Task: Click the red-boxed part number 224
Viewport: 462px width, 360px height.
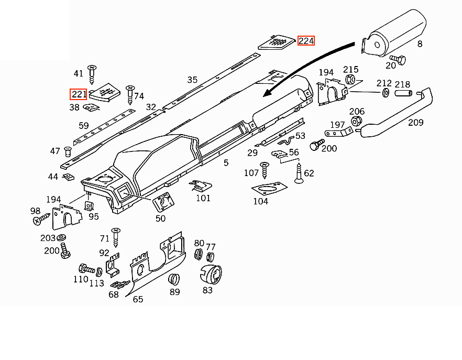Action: [x=306, y=41]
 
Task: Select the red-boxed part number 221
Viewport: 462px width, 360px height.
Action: [x=79, y=94]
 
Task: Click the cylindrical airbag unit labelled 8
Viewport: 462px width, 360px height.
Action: [x=394, y=33]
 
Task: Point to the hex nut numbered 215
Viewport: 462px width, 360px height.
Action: [x=350, y=79]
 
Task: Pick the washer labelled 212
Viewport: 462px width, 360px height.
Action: [x=386, y=93]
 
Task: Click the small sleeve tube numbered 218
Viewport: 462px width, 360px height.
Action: [x=403, y=93]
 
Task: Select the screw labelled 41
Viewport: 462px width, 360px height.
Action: [x=92, y=74]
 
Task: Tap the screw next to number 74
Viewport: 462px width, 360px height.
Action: [x=130, y=95]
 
